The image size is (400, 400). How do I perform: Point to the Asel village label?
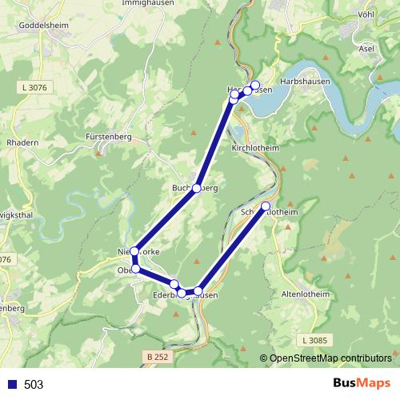(367, 49)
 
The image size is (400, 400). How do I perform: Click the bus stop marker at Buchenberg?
(196, 188)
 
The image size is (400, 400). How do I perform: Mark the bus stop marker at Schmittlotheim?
(266, 206)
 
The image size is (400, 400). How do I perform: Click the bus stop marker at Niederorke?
(134, 251)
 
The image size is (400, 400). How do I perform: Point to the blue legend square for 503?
(12, 385)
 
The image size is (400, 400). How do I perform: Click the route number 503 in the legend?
(34, 385)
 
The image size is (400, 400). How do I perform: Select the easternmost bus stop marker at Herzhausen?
(255, 86)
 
